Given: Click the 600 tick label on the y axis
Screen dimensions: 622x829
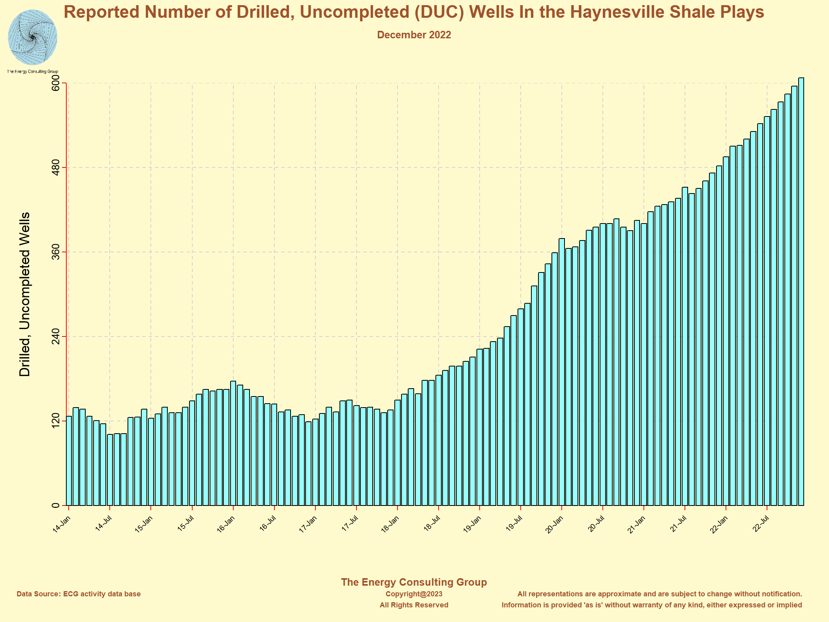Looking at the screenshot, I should click(56, 83).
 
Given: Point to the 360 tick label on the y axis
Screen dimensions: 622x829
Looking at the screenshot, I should click(56, 252).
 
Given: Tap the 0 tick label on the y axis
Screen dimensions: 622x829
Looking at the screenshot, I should click(56, 505).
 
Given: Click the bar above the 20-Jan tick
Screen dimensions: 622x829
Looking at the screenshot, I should click(562, 372).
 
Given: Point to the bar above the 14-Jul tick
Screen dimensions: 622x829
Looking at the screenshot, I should click(110, 470).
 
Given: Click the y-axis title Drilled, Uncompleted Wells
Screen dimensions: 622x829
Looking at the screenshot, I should click(24, 294).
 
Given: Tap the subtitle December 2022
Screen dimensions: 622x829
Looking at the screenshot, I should click(414, 35).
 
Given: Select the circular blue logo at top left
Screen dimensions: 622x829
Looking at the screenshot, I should click(32, 38).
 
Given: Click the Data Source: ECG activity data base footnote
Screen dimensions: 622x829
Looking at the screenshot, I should click(79, 594).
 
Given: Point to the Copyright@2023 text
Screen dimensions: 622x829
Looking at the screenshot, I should click(414, 594).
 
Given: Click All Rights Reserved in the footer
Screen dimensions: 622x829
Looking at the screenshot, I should click(414, 605).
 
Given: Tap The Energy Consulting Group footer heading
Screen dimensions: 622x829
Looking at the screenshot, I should click(414, 582).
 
